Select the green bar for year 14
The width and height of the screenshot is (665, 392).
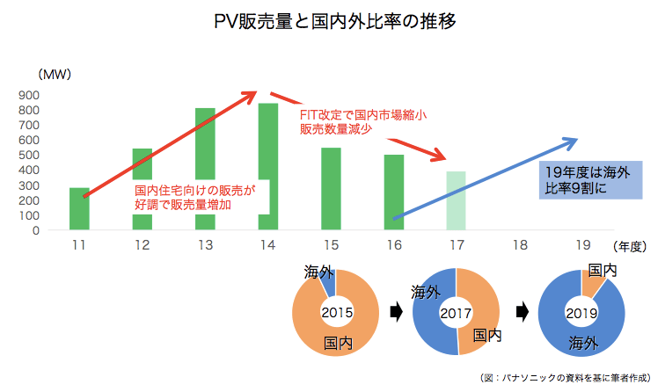pyautogui.click(x=267, y=158)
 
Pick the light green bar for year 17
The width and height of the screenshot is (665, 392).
pyautogui.click(x=456, y=200)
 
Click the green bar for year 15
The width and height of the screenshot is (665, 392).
pyautogui.click(x=331, y=188)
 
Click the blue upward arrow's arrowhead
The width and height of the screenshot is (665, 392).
pyautogui.click(x=572, y=140)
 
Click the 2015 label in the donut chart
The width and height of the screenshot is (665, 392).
pyautogui.click(x=336, y=312)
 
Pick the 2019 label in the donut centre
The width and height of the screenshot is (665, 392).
pyautogui.click(x=581, y=312)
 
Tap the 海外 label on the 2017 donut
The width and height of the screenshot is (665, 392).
pyautogui.click(x=426, y=293)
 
